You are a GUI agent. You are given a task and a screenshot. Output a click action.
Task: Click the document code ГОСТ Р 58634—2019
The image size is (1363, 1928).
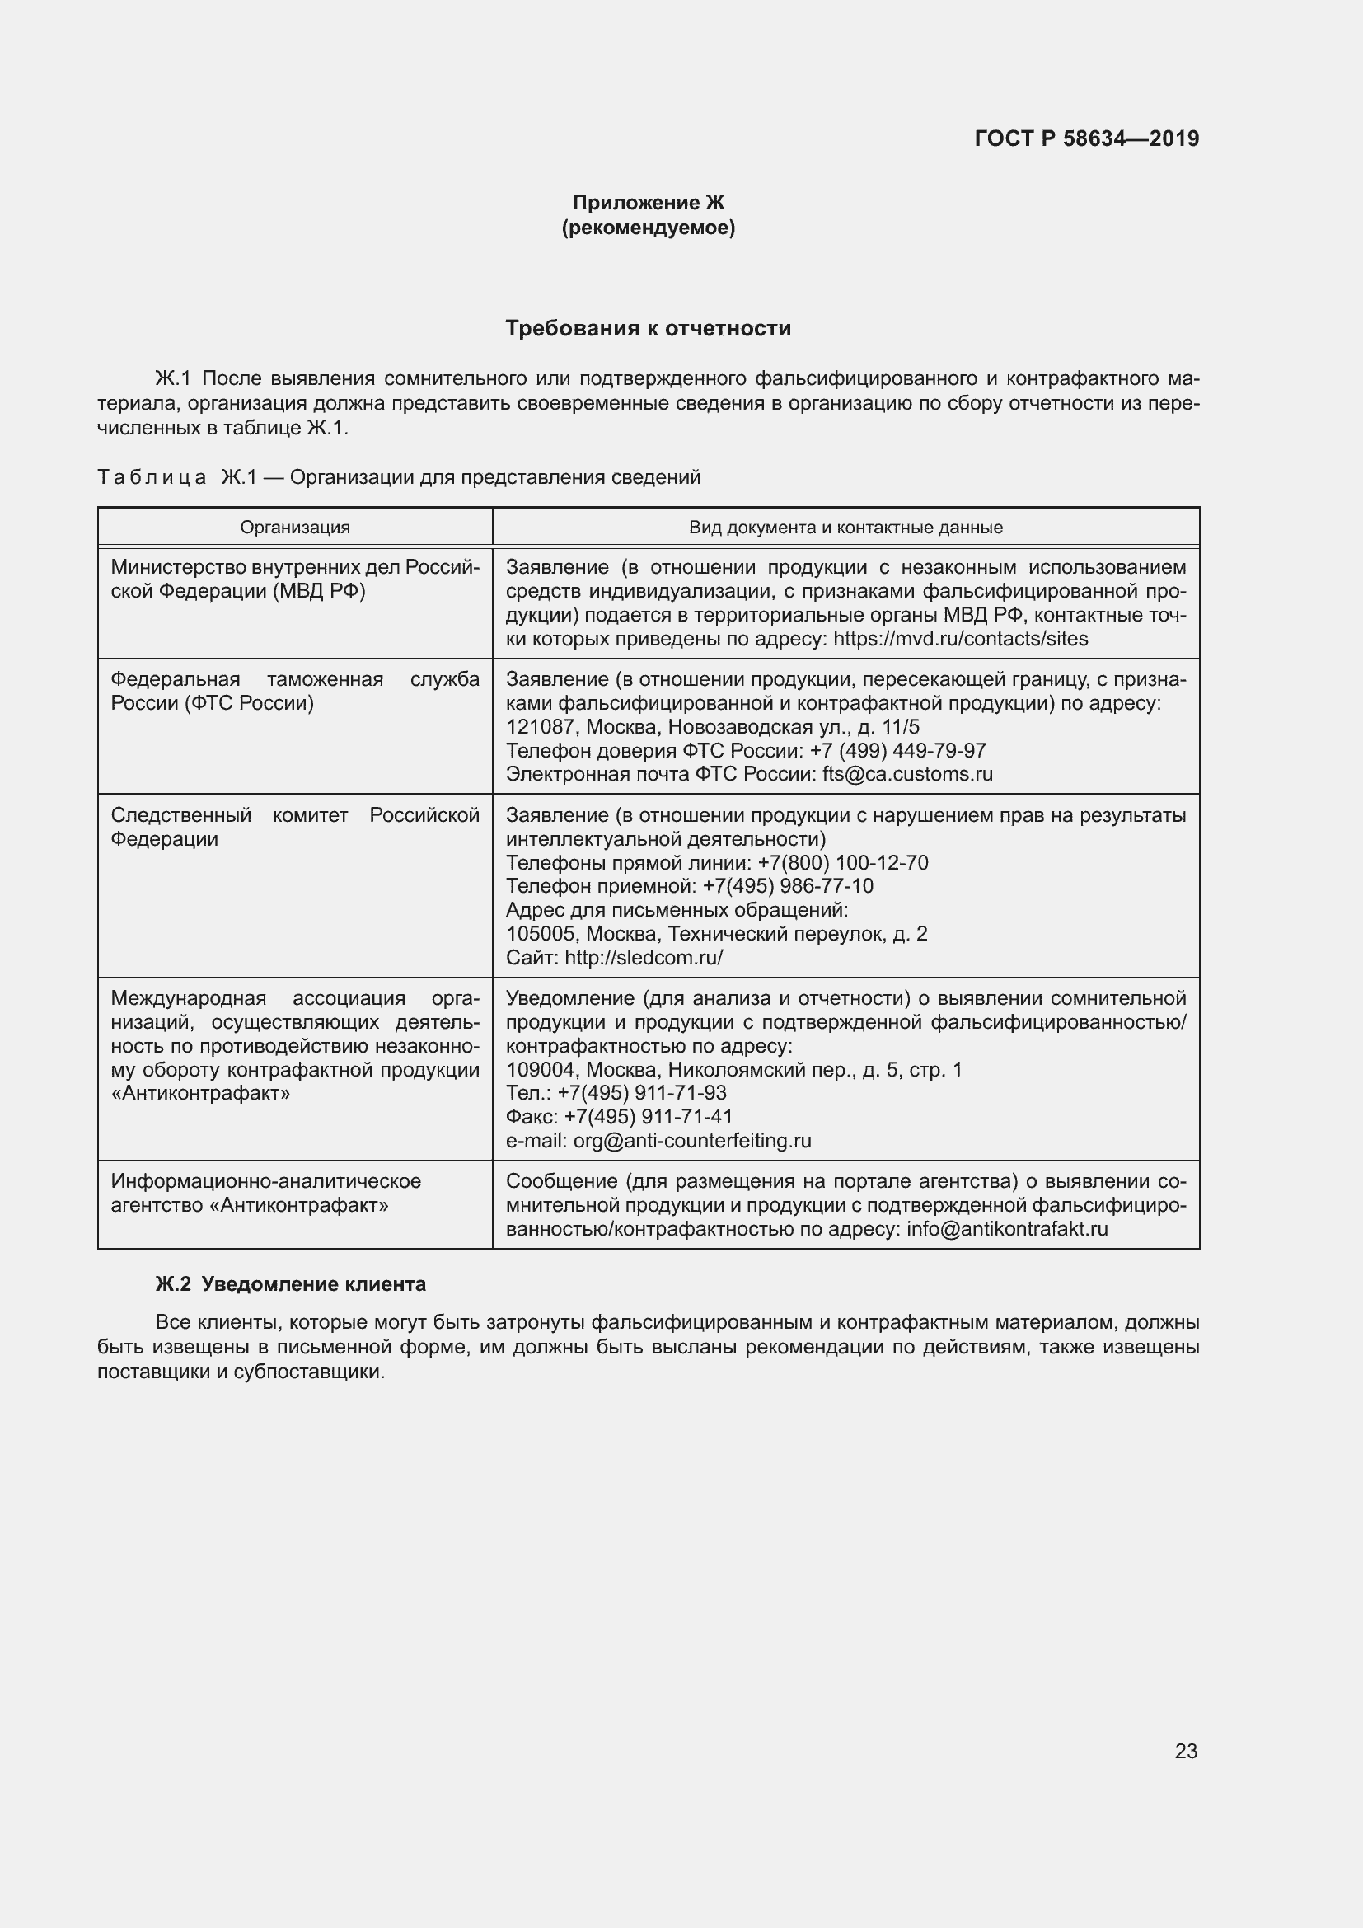pyautogui.click(x=1086, y=138)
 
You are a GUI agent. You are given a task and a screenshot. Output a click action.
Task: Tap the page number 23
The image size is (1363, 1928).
pyautogui.click(x=1185, y=1751)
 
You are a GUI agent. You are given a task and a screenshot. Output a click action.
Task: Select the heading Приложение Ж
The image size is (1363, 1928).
pyautogui.click(x=648, y=203)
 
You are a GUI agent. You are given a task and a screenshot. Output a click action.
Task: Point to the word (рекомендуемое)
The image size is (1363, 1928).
pyautogui.click(x=648, y=228)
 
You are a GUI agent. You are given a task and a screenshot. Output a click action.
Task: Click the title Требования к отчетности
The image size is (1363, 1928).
pyautogui.click(x=648, y=328)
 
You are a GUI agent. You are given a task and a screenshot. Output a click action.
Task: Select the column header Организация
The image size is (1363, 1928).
pyautogui.click(x=294, y=528)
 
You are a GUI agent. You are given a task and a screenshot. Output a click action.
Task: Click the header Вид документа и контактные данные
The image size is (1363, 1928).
pyautogui.click(x=845, y=528)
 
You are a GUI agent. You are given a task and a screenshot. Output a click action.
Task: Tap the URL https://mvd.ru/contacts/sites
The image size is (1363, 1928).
pyautogui.click(x=960, y=639)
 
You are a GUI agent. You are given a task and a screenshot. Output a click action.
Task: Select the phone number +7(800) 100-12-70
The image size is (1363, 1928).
pyautogui.click(x=843, y=863)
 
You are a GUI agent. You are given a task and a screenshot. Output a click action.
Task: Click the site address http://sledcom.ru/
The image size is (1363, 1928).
pyautogui.click(x=643, y=957)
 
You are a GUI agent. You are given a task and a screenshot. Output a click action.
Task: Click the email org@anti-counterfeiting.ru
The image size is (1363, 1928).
pyautogui.click(x=691, y=1140)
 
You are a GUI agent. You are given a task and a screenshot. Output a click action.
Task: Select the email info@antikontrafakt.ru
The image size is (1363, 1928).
pyautogui.click(x=1006, y=1229)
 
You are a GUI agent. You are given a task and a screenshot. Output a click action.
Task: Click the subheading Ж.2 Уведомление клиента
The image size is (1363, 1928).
pyautogui.click(x=290, y=1284)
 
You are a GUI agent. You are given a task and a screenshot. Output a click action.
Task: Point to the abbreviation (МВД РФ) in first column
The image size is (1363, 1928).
pyautogui.click(x=318, y=591)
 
